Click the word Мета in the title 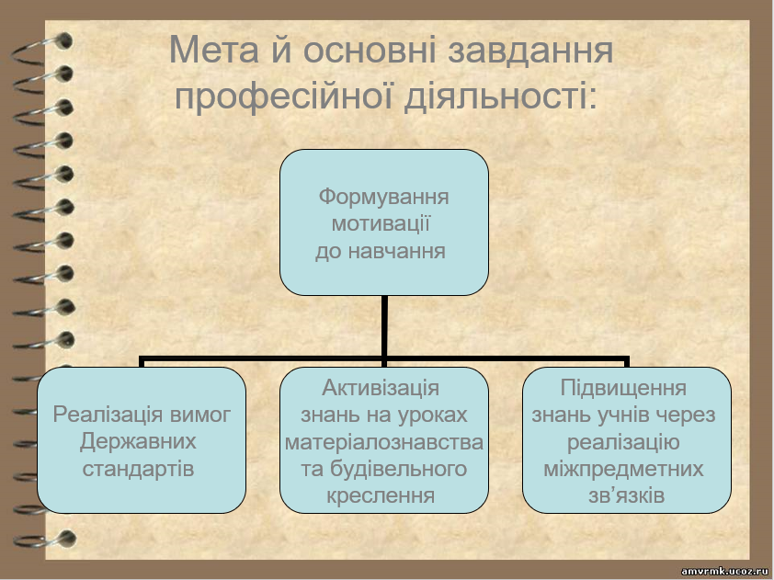(x=214, y=50)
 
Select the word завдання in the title (x=530, y=51)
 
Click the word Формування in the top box (x=383, y=197)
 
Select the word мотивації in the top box (x=381, y=223)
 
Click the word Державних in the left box (x=138, y=442)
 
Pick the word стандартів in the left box (x=138, y=469)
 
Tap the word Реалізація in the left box (x=108, y=415)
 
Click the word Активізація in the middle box (x=381, y=388)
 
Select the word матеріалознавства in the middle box (x=384, y=442)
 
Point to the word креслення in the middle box (x=381, y=495)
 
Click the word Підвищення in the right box (x=623, y=388)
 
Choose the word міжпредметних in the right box (x=623, y=469)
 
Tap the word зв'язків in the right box (x=626, y=495)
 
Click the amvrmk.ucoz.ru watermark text (x=724, y=572)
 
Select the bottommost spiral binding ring (x=45, y=540)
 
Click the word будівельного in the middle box (x=383, y=469)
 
